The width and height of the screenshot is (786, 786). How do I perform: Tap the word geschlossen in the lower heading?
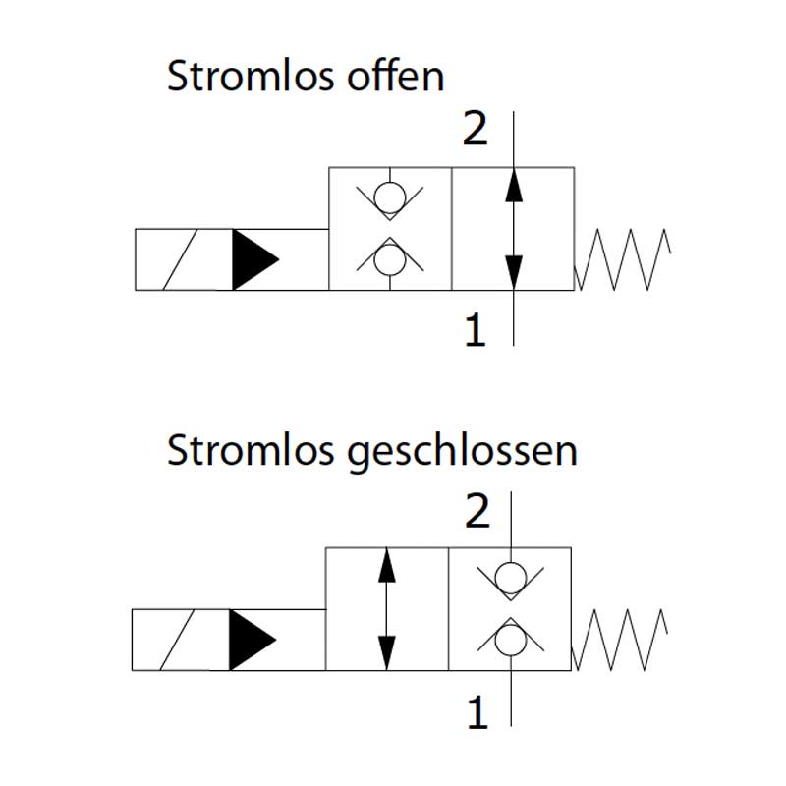pos(463,453)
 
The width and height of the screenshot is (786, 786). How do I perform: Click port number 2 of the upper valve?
pos(475,130)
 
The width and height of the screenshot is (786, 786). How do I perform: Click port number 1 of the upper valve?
pos(475,331)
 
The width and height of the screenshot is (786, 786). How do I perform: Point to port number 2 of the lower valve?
pos(477,512)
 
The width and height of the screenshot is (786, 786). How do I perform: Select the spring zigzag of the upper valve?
pos(623,259)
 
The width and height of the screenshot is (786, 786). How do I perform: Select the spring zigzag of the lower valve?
pos(620,640)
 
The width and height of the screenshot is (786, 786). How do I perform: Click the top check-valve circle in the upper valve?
pos(390,198)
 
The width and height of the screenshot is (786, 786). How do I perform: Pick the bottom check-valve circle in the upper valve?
pos(390,259)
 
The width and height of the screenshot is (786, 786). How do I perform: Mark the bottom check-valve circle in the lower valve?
pos(510,640)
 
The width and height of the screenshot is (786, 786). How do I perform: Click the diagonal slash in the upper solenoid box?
pos(184,259)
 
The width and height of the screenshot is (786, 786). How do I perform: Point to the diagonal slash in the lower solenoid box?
pos(181,640)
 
